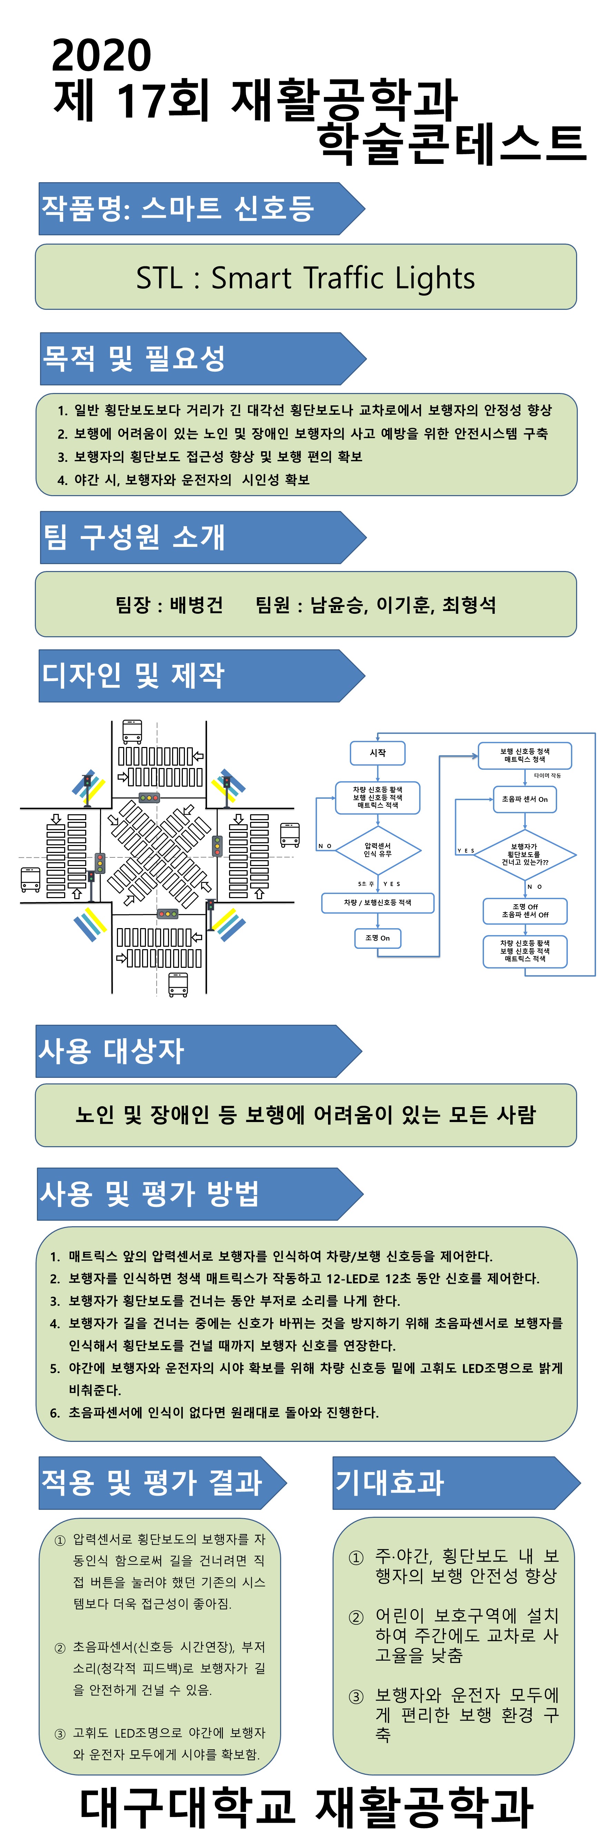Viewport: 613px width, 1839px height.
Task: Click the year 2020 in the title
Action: pos(101,56)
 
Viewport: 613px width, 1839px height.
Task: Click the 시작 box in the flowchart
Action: pos(377,753)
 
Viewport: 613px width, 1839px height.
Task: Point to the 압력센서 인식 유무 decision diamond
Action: pos(377,849)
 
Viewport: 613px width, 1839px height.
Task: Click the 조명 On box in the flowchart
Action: pos(377,938)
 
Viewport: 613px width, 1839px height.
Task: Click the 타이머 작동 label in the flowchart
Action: pos(547,775)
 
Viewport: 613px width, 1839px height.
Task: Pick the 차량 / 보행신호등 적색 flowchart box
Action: pos(377,902)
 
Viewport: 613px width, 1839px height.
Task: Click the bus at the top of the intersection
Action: pos(132,732)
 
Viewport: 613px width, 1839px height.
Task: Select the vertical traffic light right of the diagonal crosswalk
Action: pos(217,846)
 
